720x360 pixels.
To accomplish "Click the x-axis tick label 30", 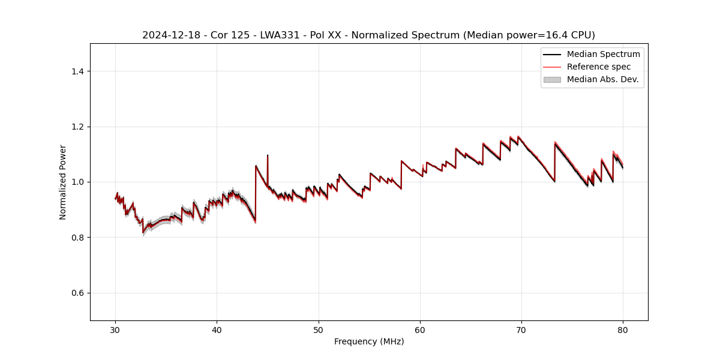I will tap(115, 329).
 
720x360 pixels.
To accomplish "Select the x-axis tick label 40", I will tap(217, 329).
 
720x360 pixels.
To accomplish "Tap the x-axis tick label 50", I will tap(318, 329).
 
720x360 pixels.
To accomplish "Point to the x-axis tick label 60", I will tap(420, 329).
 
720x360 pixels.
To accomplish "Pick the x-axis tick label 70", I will tap(521, 329).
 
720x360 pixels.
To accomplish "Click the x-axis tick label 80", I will tap(623, 329).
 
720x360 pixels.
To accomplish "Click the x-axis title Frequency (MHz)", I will tap(369, 341).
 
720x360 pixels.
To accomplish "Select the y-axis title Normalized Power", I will tap(63, 182).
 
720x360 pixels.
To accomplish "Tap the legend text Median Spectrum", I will tap(603, 54).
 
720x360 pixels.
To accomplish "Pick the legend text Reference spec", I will tap(599, 67).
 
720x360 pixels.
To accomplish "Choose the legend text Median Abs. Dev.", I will tap(602, 79).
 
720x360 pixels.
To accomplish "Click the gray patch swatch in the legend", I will tap(552, 79).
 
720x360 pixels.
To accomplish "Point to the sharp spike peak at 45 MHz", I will tap(268, 155).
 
